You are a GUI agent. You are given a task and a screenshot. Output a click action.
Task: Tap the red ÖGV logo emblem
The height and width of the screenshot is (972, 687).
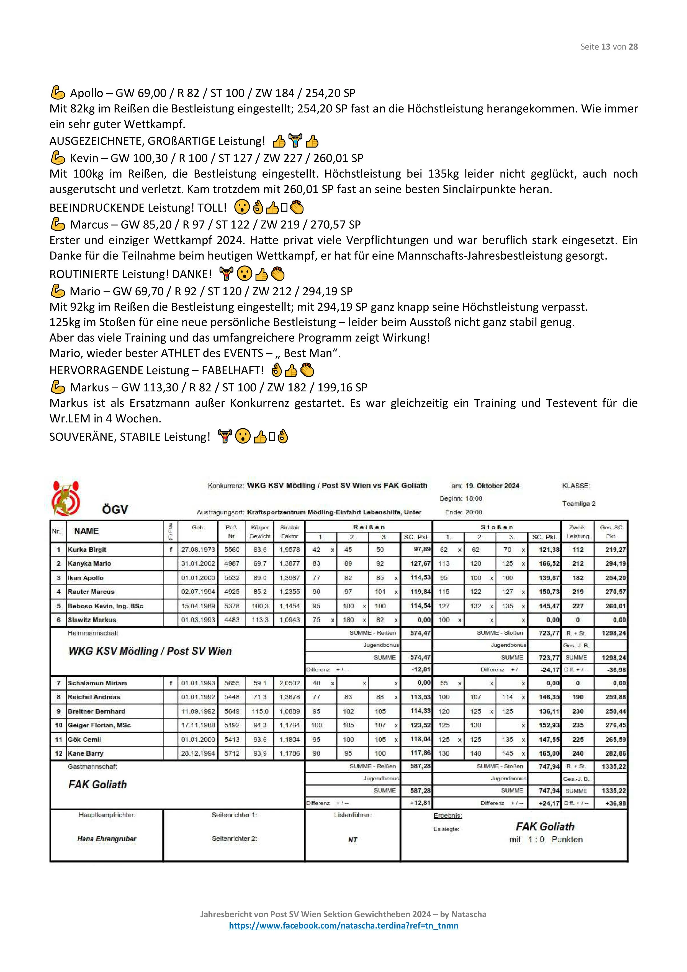coord(66,498)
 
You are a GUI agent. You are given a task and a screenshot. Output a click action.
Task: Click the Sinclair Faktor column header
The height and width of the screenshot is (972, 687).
coord(290,532)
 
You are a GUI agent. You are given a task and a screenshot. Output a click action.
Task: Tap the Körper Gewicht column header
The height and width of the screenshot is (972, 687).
coord(260,532)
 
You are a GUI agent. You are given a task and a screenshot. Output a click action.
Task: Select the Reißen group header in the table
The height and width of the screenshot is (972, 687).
coord(369,527)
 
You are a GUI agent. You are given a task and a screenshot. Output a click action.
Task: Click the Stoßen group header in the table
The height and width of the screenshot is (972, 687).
coord(496,527)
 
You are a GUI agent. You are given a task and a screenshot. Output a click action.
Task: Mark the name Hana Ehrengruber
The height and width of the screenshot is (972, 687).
coord(107,839)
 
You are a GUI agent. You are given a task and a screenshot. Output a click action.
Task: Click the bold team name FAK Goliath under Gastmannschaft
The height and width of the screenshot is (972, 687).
coord(98,784)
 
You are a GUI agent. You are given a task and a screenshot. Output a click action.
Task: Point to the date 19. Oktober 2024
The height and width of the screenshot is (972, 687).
coord(492,486)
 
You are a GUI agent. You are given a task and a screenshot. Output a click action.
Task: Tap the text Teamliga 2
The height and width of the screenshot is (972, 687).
coord(579,503)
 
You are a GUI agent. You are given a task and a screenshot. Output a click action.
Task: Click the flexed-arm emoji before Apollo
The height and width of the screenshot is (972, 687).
coord(58,93)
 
